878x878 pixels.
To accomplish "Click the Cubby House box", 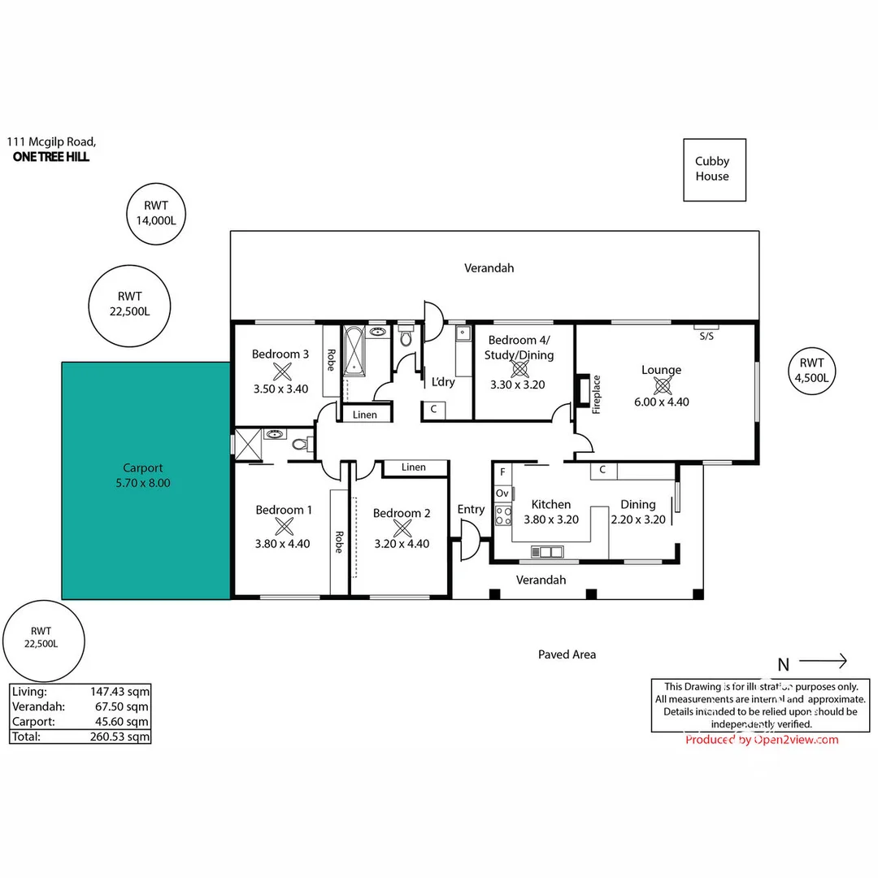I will tap(711, 169).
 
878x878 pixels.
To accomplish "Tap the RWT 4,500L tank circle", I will tap(811, 370).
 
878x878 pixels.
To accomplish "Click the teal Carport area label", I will tap(142, 476).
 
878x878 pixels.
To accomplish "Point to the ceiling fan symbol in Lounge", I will tap(661, 385).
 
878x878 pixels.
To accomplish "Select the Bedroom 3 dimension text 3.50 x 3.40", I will tap(280, 389).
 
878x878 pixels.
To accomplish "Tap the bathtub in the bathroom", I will tap(354, 350).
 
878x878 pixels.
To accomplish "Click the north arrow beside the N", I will tap(823, 661).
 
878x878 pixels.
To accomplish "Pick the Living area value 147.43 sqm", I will tap(120, 692).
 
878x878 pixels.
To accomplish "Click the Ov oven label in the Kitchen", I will tap(502, 493).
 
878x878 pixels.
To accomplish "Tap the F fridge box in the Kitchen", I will tap(502, 472).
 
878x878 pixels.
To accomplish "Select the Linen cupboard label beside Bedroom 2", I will tap(413, 467).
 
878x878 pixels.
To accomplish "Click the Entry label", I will tap(471, 510).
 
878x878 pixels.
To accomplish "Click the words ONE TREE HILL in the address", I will tap(51, 157).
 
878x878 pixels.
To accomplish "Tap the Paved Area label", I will tap(567, 654).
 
